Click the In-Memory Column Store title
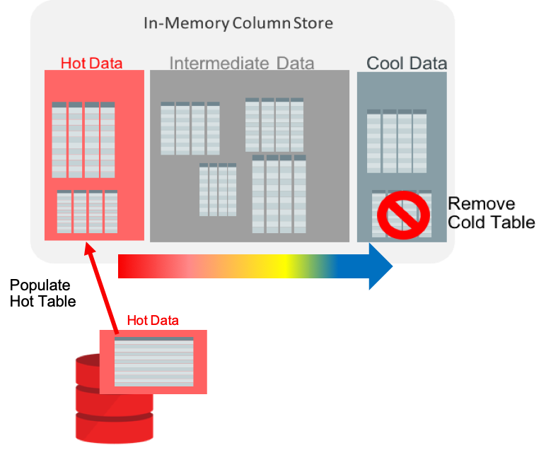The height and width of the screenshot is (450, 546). coord(238,23)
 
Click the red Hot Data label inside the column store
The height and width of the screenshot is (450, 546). coord(91,63)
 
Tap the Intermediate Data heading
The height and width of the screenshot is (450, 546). coord(242,64)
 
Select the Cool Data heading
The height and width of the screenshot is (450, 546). coord(407,63)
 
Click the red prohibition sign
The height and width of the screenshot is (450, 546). coord(403,215)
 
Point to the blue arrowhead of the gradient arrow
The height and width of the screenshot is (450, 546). coord(381,266)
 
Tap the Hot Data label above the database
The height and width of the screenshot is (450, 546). coord(153,320)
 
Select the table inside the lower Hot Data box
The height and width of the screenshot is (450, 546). coord(153,362)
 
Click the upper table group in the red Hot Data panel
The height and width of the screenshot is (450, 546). coord(83,140)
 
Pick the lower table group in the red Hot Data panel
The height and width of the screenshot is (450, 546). coord(87,211)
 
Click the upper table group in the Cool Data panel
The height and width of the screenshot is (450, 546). coord(397,141)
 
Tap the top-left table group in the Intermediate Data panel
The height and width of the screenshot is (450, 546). coord(190,128)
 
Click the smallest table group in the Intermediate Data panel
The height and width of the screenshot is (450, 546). coord(218,189)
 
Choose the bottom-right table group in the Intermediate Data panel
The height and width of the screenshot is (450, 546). coord(279,194)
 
